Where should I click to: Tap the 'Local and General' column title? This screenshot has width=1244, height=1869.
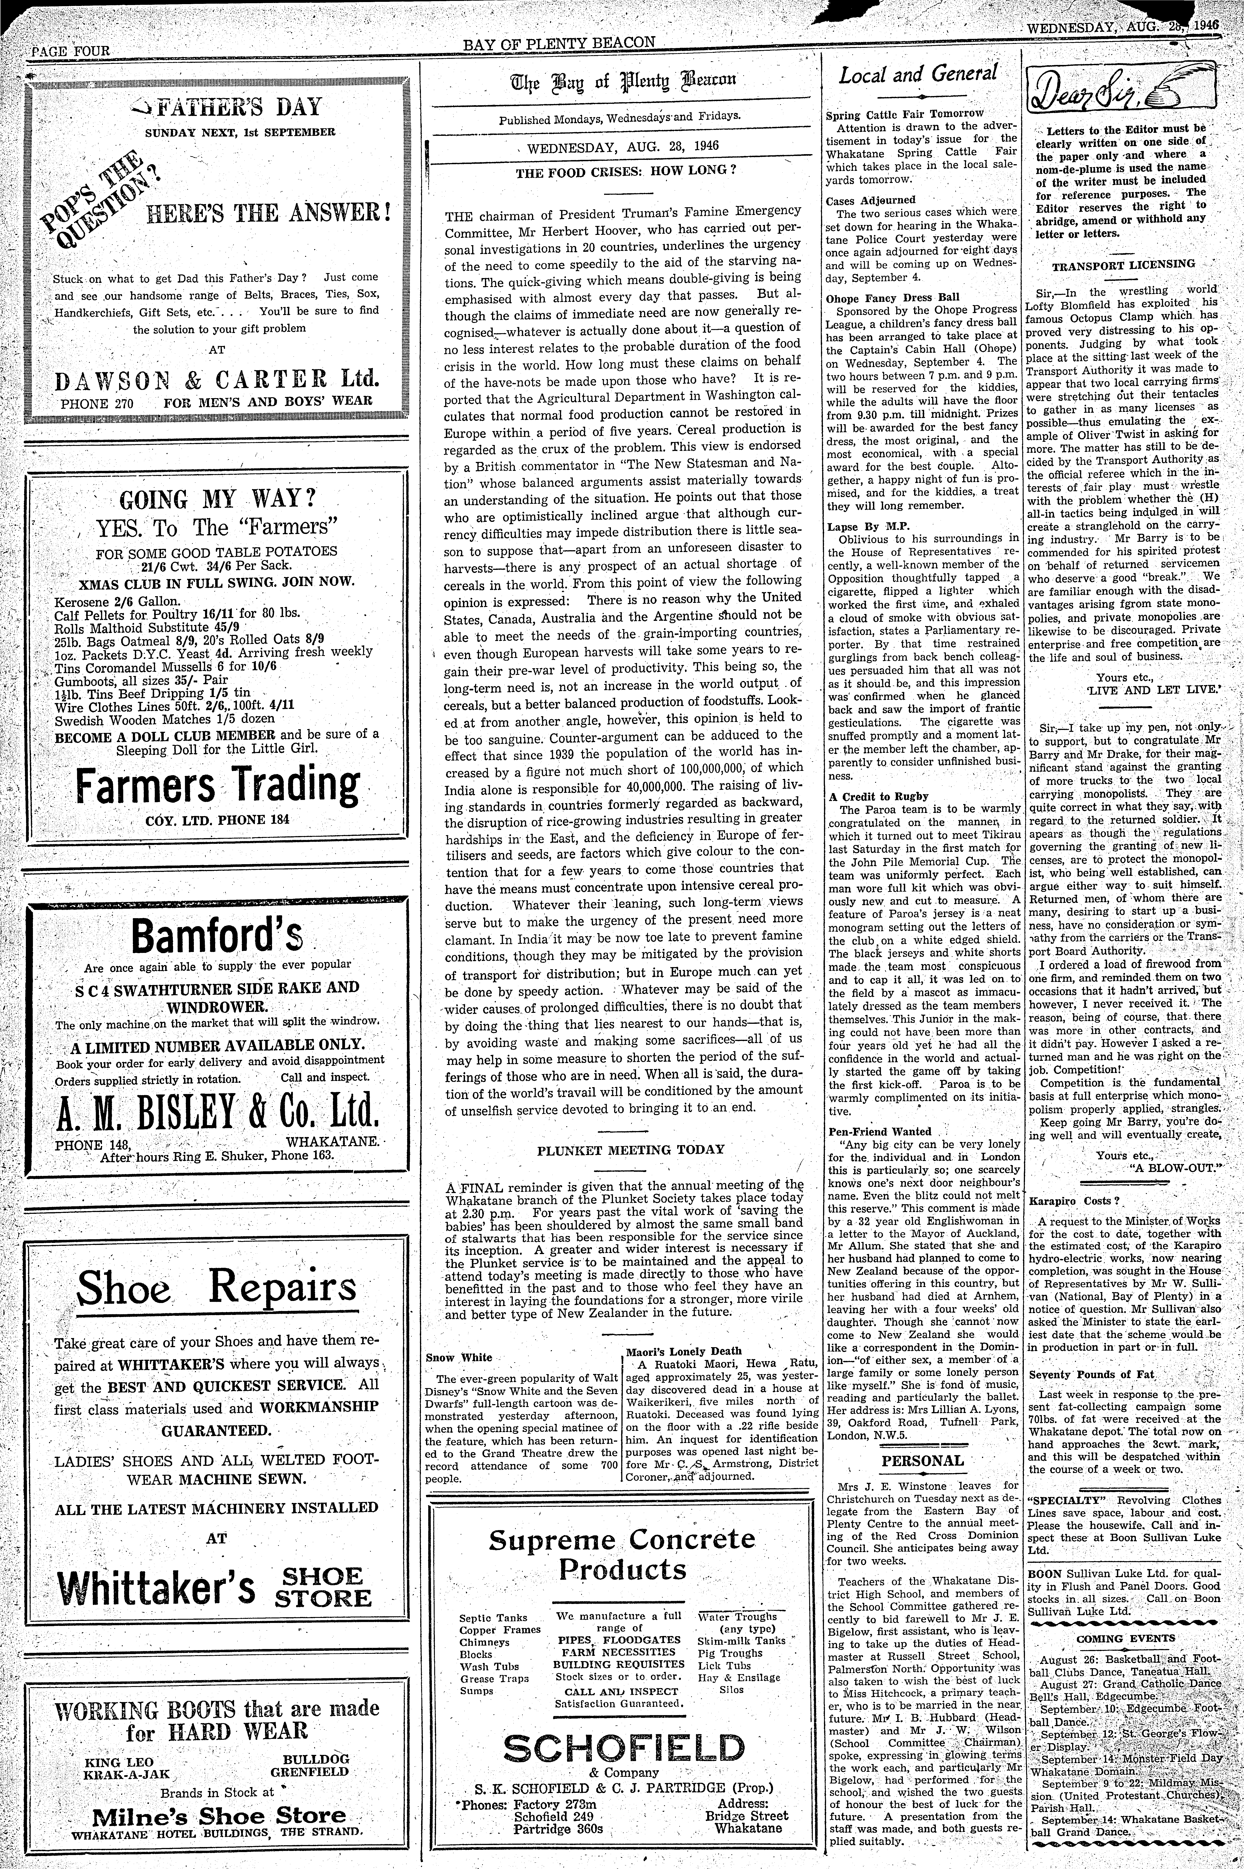click(x=918, y=75)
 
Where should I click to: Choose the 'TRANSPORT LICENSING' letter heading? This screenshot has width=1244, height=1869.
click(x=1123, y=264)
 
